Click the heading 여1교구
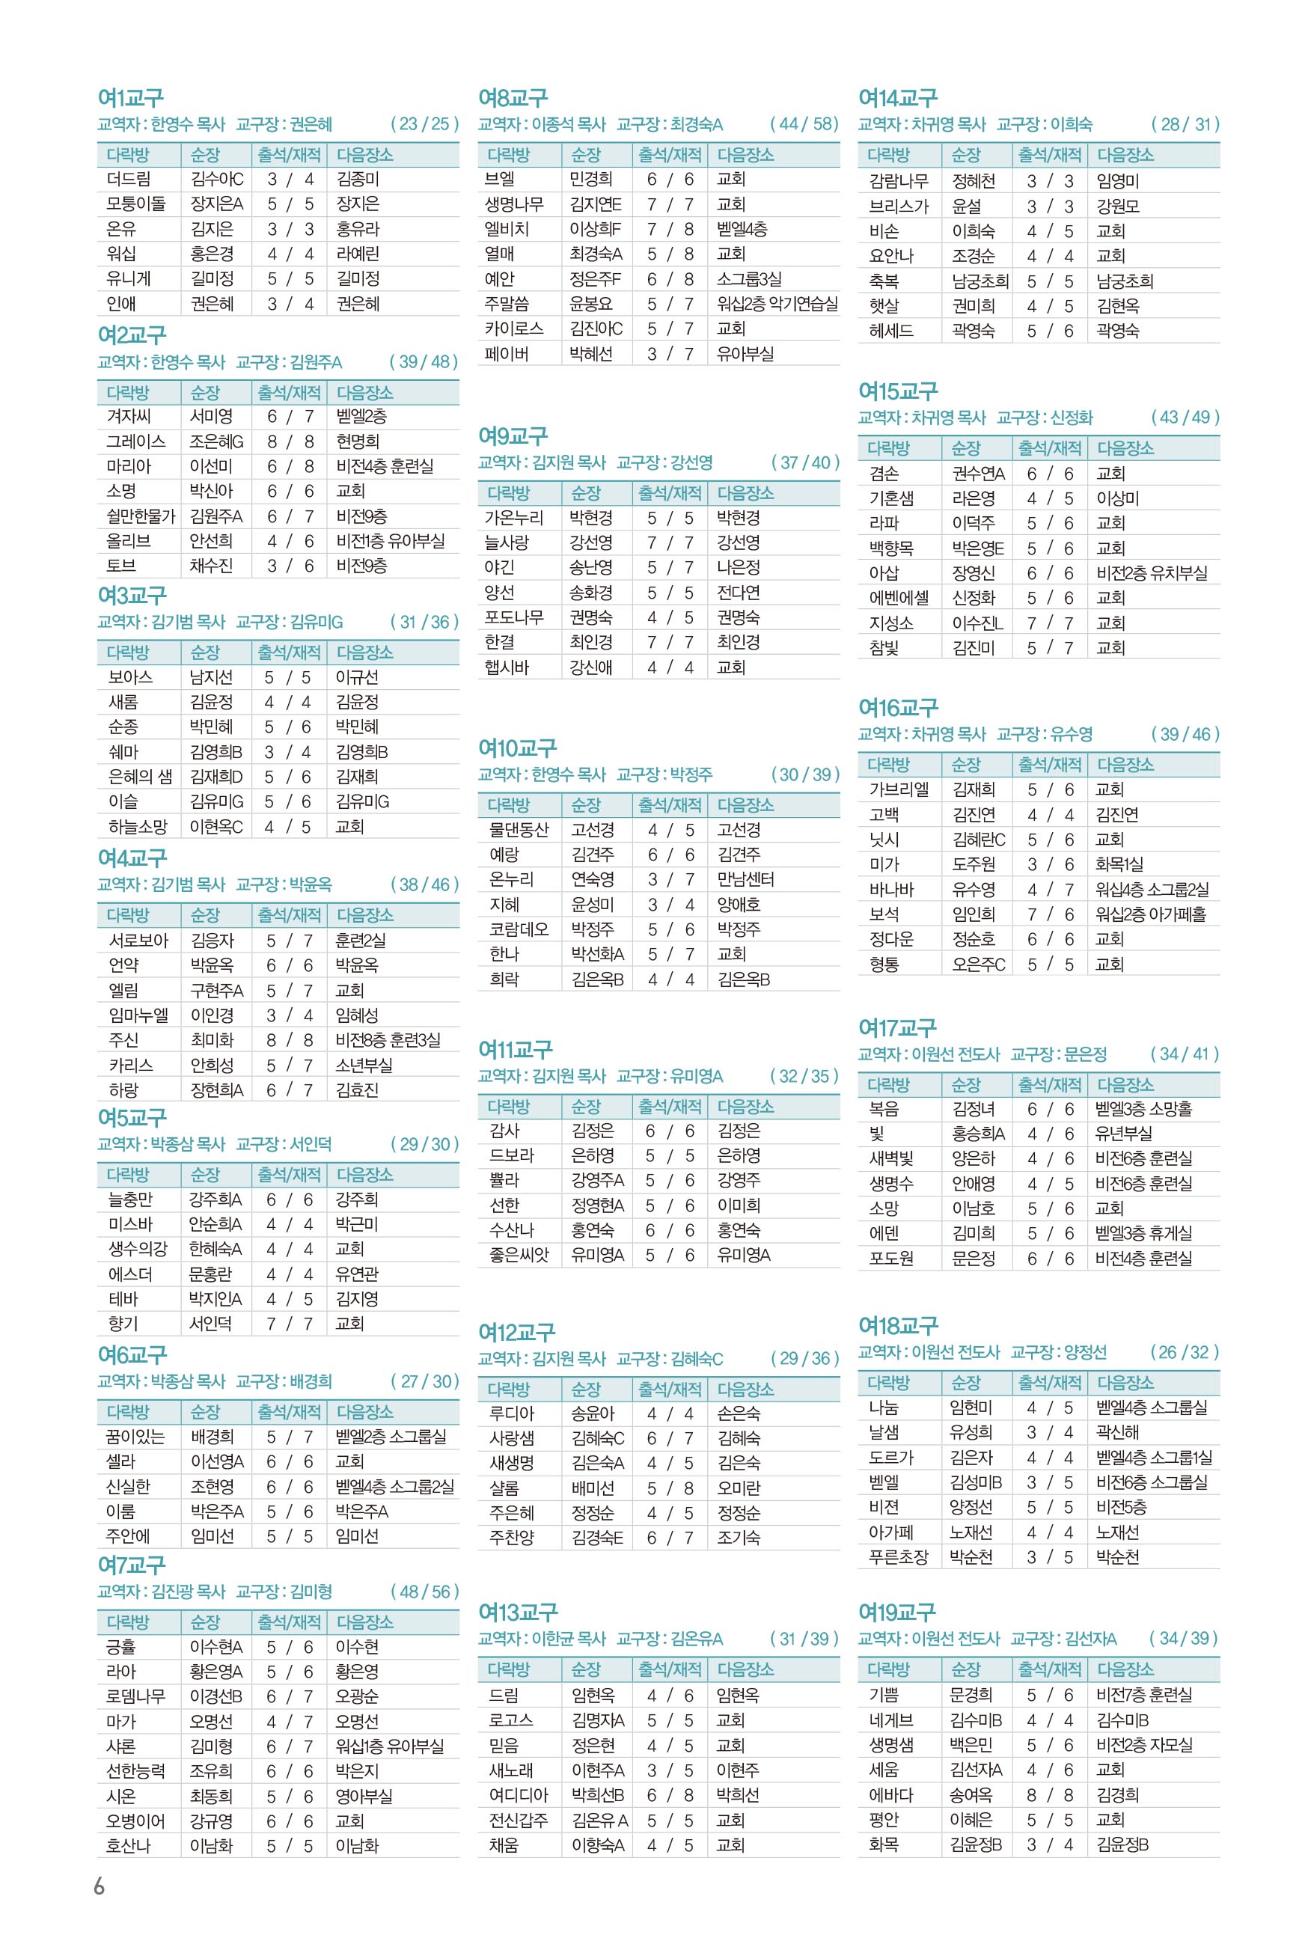[x=130, y=97]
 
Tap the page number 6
[x=100, y=1886]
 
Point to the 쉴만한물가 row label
[x=140, y=516]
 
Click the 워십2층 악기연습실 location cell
[x=777, y=304]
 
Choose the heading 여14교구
[x=898, y=97]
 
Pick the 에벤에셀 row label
[x=899, y=598]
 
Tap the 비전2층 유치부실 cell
[x=1151, y=573]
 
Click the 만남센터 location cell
[x=745, y=879]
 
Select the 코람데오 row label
[x=519, y=929]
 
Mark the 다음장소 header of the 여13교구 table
[x=745, y=1669]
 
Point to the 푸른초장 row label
[x=898, y=1556]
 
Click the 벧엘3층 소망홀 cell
[x=1143, y=1108]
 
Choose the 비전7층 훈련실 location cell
[x=1143, y=1695]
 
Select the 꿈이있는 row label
[x=135, y=1436]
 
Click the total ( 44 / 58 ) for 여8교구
[x=804, y=123]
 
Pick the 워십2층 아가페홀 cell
[x=1150, y=914]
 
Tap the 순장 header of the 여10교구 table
[x=586, y=805]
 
